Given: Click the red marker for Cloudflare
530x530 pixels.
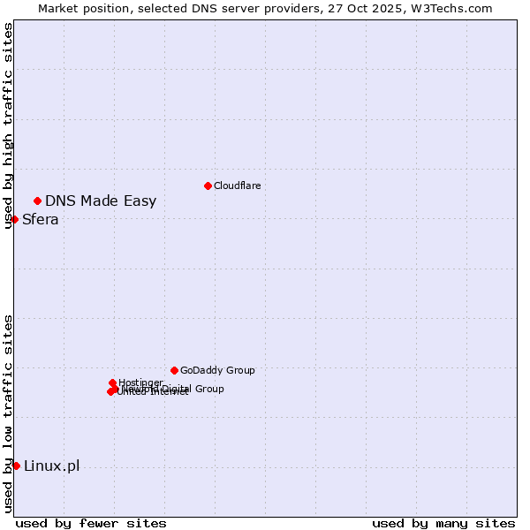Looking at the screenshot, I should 208,185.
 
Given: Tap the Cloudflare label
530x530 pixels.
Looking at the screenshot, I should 237,185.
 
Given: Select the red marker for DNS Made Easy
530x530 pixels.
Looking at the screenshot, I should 37,201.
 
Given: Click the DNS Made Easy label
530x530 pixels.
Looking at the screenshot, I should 101,201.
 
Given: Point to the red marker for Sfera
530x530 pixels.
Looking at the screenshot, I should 14,219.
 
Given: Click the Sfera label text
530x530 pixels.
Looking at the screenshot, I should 41,219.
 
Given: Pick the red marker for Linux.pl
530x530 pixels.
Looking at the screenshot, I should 16,466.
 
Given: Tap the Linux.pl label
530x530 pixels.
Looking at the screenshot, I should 51,466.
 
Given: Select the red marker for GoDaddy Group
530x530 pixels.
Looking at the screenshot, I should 174,370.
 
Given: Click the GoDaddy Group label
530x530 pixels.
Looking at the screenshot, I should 217,370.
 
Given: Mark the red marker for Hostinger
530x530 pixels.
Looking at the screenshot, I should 112,382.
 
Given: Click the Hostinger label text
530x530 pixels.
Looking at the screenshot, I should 140,382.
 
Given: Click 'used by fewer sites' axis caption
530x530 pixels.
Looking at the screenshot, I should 91,523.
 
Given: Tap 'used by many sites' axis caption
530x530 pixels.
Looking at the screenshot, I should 443,523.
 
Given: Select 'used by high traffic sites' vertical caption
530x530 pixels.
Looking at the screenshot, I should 8,125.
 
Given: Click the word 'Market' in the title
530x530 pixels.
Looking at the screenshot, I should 59,8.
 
